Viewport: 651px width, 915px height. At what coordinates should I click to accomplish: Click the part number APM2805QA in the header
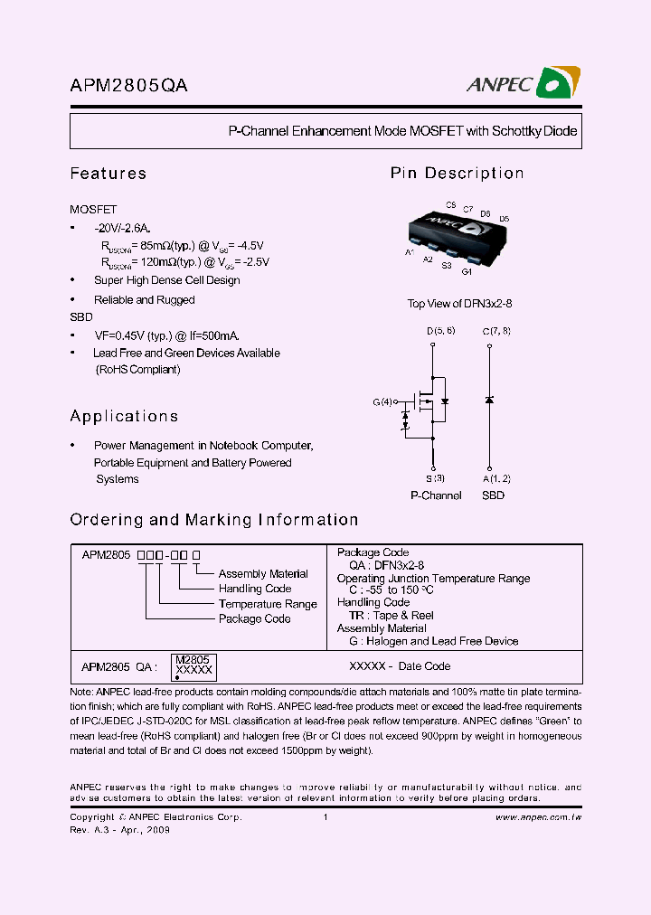[x=128, y=86]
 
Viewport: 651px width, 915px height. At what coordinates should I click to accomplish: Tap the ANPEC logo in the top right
[x=524, y=83]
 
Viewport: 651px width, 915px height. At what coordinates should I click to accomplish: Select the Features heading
[x=108, y=174]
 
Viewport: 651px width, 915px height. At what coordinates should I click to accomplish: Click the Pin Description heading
[x=457, y=174]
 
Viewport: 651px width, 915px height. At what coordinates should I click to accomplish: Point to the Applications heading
[x=124, y=417]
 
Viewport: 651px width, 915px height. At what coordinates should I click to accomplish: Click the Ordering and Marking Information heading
[x=214, y=520]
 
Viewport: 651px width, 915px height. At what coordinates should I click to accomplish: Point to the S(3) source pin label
[x=435, y=478]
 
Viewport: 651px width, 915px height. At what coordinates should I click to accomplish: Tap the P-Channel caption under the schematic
[x=436, y=495]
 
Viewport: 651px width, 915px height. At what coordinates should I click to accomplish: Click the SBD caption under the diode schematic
[x=493, y=495]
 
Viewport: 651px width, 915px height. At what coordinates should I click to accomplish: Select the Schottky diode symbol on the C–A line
[x=489, y=400]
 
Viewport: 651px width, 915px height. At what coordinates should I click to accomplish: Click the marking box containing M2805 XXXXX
[x=193, y=666]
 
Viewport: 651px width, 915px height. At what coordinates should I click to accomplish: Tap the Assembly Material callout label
[x=263, y=574]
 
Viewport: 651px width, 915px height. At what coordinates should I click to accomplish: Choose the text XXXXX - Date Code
[x=400, y=666]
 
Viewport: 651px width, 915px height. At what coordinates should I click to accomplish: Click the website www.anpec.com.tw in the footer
[x=538, y=817]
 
